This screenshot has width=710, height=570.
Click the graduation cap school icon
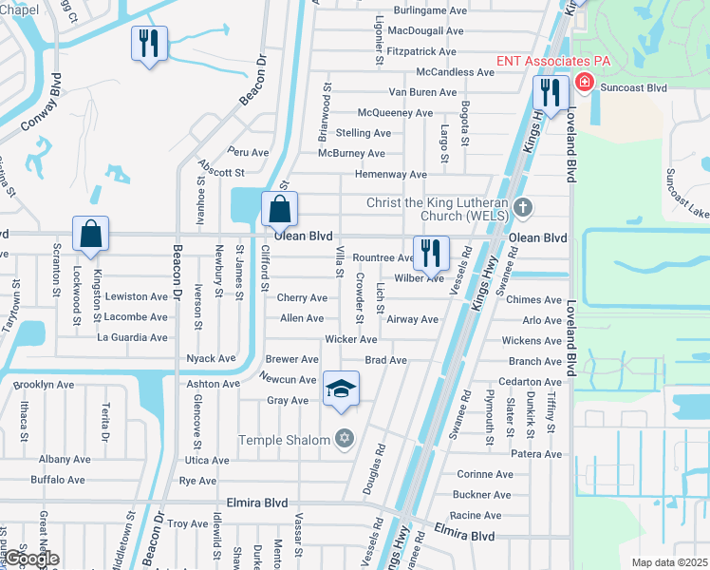coord(342,389)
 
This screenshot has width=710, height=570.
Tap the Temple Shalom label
coord(284,439)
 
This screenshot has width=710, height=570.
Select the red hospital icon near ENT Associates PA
coord(583,83)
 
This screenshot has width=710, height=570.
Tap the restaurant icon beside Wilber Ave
coord(431,253)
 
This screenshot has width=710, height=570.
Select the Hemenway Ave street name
coord(390,175)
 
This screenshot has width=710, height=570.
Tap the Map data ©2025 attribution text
coord(668,562)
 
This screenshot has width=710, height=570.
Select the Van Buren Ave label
coord(423,92)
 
